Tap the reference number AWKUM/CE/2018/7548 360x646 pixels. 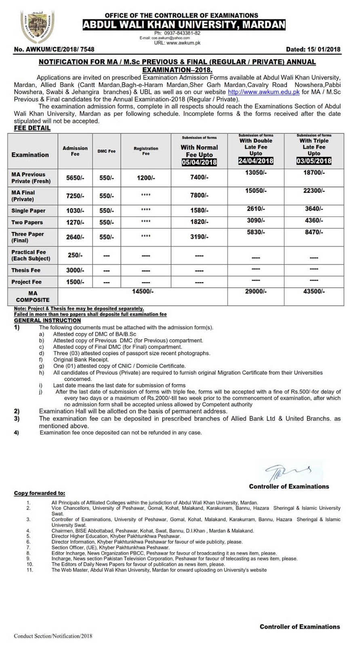click(54, 49)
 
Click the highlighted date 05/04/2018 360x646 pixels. click(199, 162)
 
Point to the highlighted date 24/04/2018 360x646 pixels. click(255, 161)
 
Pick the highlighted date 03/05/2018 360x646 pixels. click(314, 161)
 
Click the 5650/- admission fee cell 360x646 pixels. click(75, 178)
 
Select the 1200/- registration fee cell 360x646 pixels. click(146, 178)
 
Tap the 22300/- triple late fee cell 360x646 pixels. click(314, 191)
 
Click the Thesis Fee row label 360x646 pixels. click(26, 270)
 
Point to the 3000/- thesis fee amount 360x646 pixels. click(75, 270)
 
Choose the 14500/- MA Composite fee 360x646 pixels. click(143, 291)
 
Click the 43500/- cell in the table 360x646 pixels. click(314, 291)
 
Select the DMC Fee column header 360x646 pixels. click(106, 151)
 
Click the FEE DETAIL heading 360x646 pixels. click(32, 128)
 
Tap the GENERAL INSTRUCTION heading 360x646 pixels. click(47, 320)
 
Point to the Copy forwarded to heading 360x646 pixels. click(39, 493)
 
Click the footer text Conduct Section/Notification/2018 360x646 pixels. click(53, 636)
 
